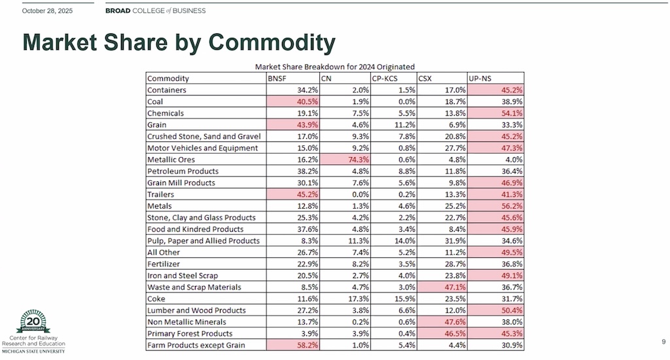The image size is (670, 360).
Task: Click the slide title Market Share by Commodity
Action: click(179, 43)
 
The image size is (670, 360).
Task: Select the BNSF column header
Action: click(277, 79)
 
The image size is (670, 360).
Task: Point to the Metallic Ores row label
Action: click(171, 160)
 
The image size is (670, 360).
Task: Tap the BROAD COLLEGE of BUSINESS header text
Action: click(155, 10)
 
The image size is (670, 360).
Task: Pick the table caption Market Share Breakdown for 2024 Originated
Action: click(334, 66)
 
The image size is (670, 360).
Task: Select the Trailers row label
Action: click(161, 194)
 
